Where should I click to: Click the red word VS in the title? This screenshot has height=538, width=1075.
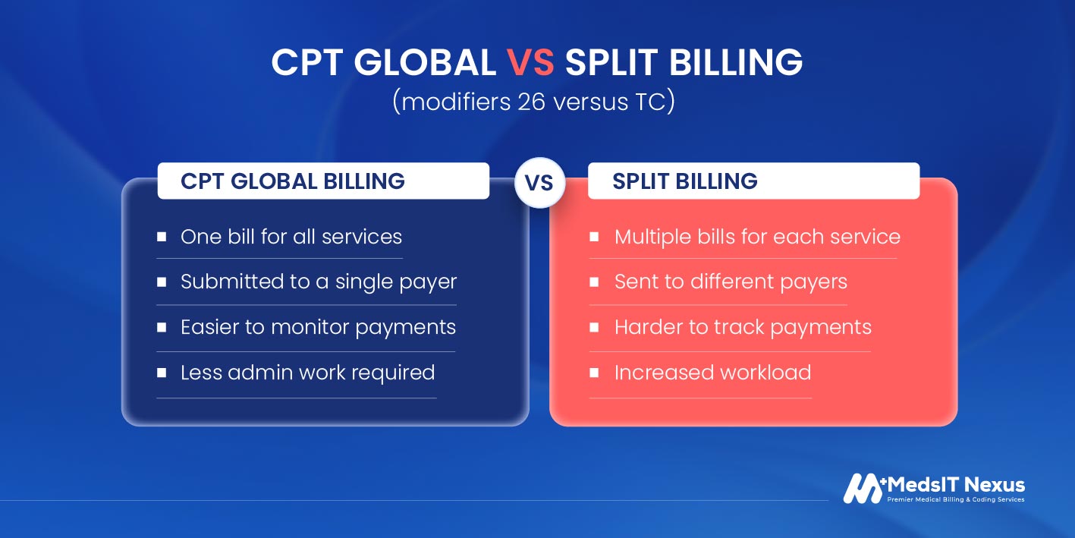click(x=531, y=63)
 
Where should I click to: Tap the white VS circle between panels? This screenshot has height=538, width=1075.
click(x=539, y=183)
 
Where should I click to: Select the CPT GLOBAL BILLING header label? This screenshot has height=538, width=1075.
click(x=292, y=181)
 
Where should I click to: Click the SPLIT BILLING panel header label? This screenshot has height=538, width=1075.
click(x=684, y=181)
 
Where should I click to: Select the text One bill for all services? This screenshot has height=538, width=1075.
click(x=291, y=237)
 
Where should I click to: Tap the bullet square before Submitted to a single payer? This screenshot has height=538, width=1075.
click(x=162, y=282)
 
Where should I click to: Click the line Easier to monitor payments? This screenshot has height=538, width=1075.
click(x=318, y=327)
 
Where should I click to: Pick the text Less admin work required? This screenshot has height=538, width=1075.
click(x=307, y=373)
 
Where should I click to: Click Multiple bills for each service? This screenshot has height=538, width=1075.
click(x=757, y=237)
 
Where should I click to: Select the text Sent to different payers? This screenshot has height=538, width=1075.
click(x=731, y=282)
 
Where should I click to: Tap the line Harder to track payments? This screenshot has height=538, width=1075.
click(x=743, y=327)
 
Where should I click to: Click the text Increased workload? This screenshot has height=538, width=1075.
click(x=712, y=373)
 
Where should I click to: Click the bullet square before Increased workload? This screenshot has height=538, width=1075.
click(x=595, y=373)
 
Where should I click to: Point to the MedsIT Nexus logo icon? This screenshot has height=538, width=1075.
click(x=863, y=488)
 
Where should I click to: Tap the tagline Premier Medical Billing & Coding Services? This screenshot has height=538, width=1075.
click(x=956, y=500)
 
